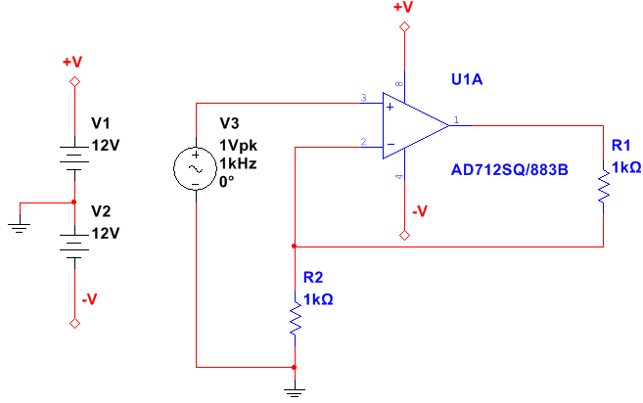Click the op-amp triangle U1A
411,124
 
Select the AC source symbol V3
195,169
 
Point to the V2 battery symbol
73,240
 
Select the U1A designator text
467,79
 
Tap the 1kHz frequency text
238,163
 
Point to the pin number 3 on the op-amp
364,98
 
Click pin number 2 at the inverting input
364,143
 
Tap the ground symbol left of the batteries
19,227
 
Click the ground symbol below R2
295,392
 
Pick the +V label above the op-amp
402,8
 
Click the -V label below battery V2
88,299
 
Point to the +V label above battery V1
72,62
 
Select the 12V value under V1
105,145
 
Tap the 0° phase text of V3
227,183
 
